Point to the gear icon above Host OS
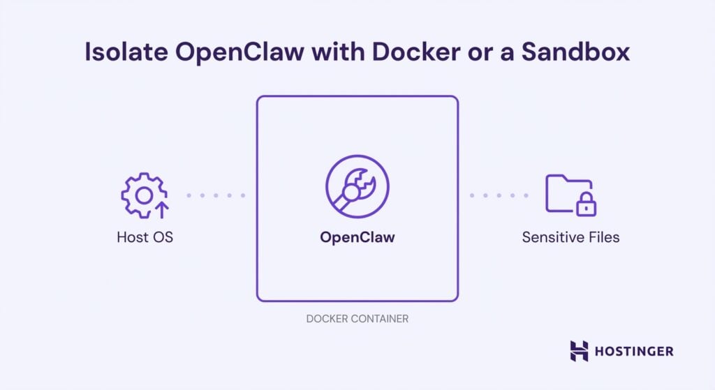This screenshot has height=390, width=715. point(142,195)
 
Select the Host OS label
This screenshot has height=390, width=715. point(145,237)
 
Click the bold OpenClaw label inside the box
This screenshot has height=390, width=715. point(357,237)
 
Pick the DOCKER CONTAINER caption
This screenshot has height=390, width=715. point(357,319)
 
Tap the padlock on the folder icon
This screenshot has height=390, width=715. point(585,204)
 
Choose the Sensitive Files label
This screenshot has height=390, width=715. point(570,237)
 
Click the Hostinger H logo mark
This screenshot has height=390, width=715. point(579,351)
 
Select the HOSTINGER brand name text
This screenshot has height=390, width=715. point(633,351)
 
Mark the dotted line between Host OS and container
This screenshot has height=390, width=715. point(215,195)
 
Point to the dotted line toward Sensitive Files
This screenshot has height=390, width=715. point(499,195)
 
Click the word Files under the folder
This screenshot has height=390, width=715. point(603,237)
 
